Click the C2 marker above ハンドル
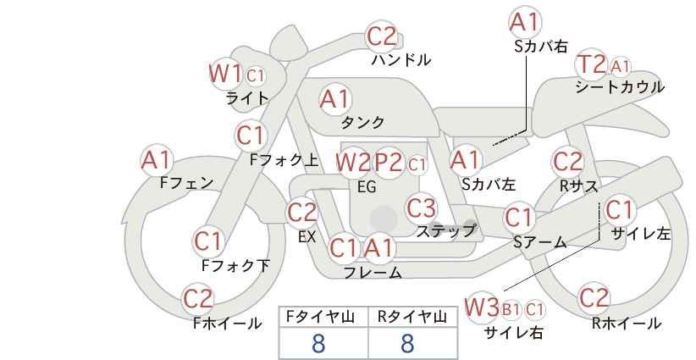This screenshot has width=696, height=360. [x=382, y=36]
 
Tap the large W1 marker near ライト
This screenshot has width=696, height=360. [x=225, y=73]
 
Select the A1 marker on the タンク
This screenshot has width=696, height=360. [x=334, y=99]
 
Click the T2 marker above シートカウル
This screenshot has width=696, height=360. [x=591, y=65]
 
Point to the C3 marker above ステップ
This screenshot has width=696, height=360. [x=421, y=208]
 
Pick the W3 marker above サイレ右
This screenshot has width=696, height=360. [x=482, y=307]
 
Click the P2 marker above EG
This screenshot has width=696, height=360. [x=389, y=163]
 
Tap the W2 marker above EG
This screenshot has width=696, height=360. [x=353, y=163]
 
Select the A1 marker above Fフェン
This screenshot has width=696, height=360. [x=157, y=160]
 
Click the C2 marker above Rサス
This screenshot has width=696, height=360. [x=567, y=162]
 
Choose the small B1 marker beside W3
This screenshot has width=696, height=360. [x=511, y=309]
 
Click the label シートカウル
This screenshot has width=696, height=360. [x=620, y=87]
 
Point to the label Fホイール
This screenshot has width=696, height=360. [x=227, y=324]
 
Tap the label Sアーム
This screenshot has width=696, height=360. [x=539, y=242]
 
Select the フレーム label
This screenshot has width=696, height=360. [x=373, y=272]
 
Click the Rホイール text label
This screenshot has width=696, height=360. [x=627, y=324]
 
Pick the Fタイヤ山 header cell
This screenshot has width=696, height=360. [x=323, y=317]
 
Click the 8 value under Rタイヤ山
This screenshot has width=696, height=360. [x=407, y=343]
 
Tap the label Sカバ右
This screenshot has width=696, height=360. [x=541, y=47]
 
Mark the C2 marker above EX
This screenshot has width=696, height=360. [x=302, y=212]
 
